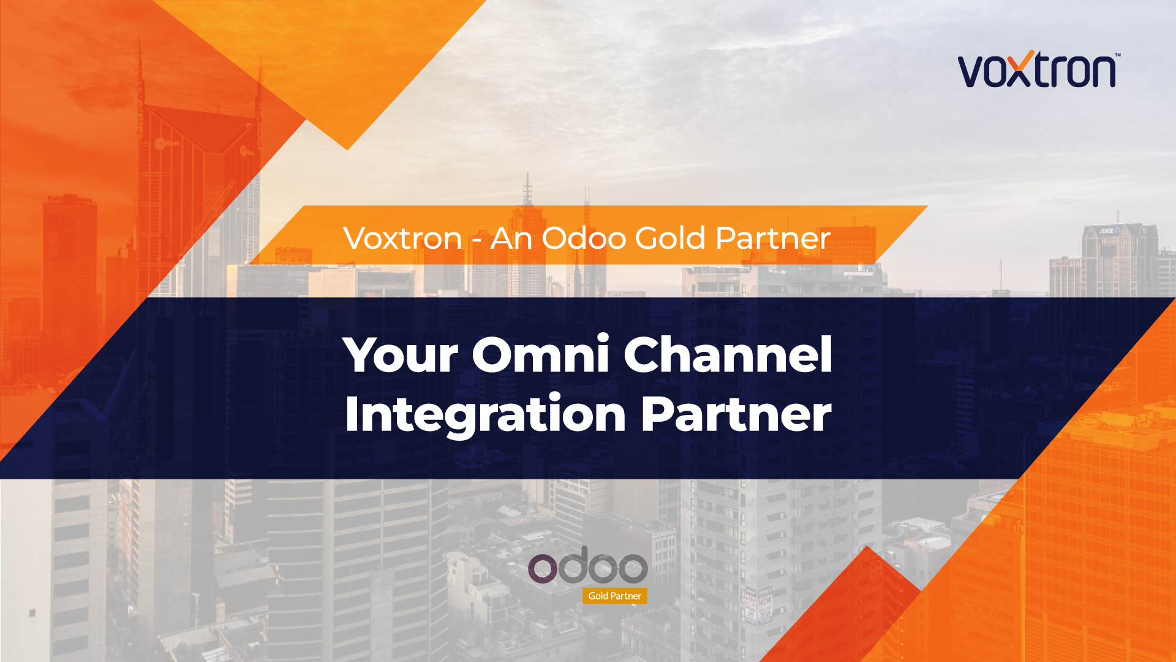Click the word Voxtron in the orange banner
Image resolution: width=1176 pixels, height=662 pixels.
(402, 238)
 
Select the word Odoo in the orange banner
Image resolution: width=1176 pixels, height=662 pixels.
(584, 238)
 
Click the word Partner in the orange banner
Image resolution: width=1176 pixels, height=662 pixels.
(773, 238)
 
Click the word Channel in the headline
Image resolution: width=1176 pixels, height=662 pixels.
(728, 355)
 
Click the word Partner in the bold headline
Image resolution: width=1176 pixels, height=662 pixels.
(736, 415)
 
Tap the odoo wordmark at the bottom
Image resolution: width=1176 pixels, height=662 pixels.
(588, 566)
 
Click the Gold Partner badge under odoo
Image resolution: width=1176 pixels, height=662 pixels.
(614, 596)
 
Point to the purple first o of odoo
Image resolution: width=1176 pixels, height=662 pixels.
(542, 569)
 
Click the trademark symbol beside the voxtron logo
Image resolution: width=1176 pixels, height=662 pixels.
(1118, 55)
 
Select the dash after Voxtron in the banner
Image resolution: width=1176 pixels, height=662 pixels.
(477, 241)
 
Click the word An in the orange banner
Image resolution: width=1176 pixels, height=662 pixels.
(510, 238)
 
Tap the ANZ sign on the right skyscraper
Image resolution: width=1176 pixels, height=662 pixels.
(1106, 231)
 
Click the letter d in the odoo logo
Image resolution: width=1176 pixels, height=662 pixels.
(573, 565)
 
